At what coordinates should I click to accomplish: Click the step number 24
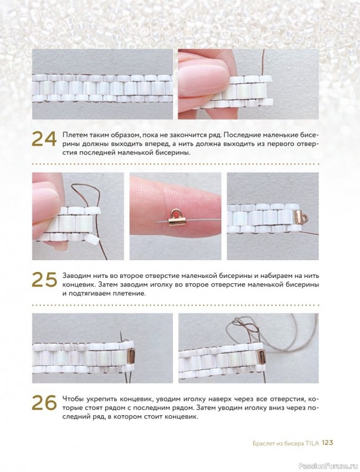point(44,139)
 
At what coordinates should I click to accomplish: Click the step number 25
point(44,280)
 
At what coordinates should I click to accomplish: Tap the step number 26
point(44,403)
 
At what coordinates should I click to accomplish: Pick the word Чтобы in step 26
point(73,399)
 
